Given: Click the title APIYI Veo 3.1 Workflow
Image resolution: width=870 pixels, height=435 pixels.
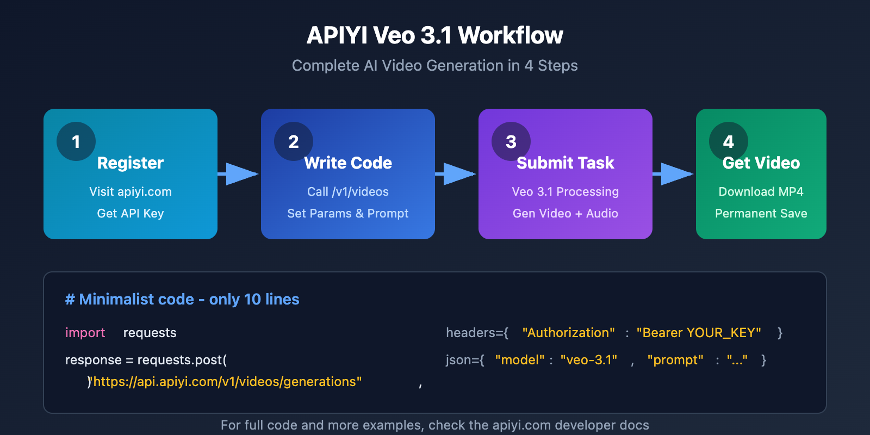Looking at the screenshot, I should (x=435, y=35).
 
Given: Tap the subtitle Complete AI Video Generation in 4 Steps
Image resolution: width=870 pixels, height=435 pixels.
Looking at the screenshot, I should (x=435, y=66).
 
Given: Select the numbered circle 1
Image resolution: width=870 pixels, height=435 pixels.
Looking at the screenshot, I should (x=76, y=141).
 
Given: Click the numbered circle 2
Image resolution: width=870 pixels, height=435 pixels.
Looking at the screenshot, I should (x=294, y=141).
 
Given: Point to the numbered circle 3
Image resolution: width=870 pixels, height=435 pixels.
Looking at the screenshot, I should (x=511, y=141).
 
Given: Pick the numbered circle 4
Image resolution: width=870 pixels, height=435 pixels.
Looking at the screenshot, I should (x=729, y=141).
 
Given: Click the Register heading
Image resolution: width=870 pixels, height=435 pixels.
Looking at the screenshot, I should (x=130, y=163).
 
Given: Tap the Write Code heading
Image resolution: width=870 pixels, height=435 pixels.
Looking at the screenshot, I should (x=348, y=163).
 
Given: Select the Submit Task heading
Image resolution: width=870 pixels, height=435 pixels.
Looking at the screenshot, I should (x=565, y=163).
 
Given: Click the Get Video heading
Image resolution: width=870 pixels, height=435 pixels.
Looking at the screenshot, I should (x=761, y=163).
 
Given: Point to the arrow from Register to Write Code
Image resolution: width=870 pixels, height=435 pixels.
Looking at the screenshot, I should (x=239, y=174).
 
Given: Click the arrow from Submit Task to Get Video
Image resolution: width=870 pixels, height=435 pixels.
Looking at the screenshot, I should (x=674, y=174).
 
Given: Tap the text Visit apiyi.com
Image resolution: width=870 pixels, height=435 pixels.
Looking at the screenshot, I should (x=130, y=191).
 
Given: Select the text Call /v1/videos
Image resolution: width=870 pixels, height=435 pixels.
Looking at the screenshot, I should (x=348, y=191).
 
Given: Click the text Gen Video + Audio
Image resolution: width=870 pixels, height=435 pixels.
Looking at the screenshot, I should (x=565, y=213).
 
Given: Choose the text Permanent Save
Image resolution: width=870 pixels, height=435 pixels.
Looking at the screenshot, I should (x=761, y=213).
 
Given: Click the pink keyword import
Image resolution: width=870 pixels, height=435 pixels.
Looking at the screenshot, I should (x=85, y=333).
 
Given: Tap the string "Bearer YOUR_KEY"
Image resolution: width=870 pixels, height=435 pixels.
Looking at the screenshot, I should (x=699, y=333).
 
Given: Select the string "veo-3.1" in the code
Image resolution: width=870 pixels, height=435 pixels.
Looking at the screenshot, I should (x=589, y=360).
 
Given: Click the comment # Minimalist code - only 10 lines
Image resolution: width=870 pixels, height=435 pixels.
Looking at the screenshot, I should (x=182, y=299).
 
